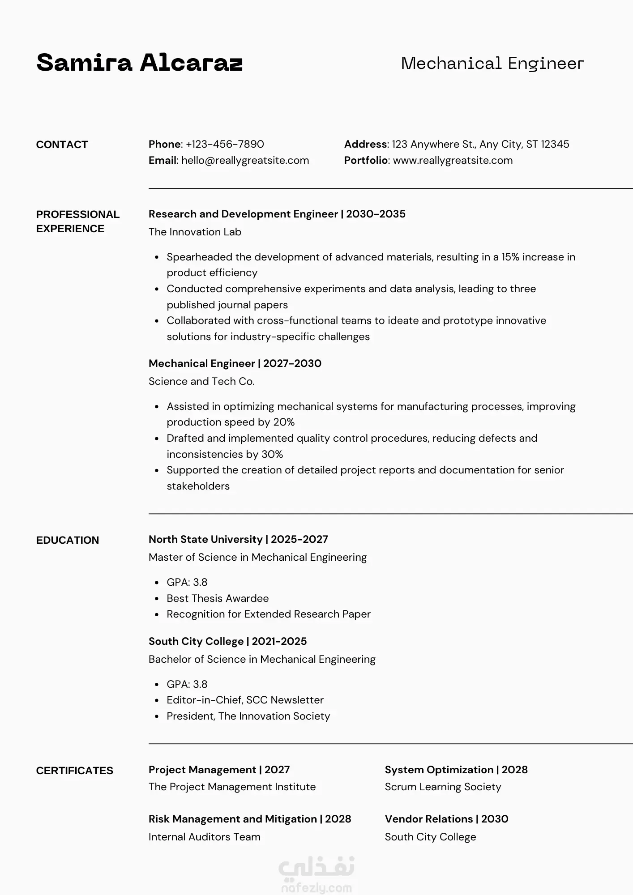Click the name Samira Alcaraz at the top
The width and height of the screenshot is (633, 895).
point(139,63)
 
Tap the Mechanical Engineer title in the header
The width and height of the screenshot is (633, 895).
point(492,64)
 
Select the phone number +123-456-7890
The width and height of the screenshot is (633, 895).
point(225,144)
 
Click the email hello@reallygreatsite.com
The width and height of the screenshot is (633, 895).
point(245,160)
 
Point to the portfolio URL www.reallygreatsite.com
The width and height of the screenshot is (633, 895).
point(453,160)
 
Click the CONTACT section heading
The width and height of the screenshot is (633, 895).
point(62,145)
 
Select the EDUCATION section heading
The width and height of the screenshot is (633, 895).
point(67,540)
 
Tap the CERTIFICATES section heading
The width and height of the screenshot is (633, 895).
point(74,771)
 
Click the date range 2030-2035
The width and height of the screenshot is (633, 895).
point(376,214)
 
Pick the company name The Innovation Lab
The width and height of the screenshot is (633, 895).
point(195,232)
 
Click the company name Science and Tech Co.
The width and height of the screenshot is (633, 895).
point(201,381)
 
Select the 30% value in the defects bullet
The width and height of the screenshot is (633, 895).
point(272,454)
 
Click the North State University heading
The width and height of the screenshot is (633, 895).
point(205,539)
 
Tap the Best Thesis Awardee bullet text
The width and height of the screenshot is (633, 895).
point(218,598)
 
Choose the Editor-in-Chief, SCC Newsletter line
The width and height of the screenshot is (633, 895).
point(245,700)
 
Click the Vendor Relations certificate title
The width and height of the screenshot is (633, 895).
point(428,819)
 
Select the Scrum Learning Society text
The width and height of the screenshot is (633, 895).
point(443,787)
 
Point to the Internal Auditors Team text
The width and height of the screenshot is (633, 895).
point(204,837)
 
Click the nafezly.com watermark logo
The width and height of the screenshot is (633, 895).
point(316,875)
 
